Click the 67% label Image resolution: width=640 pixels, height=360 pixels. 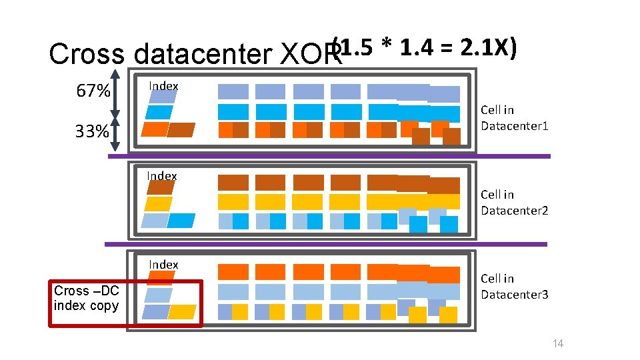pyautogui.click(x=93, y=91)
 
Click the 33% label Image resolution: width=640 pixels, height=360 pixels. pyautogui.click(x=92, y=131)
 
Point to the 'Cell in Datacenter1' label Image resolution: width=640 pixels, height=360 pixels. pyautogui.click(x=515, y=117)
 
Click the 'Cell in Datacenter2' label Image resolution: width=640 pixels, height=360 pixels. pyautogui.click(x=515, y=203)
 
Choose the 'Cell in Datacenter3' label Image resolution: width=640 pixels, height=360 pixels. pyautogui.click(x=515, y=287)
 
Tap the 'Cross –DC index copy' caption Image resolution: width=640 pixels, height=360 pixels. pyautogui.click(x=86, y=298)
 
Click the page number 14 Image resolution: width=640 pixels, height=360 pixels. pyautogui.click(x=558, y=343)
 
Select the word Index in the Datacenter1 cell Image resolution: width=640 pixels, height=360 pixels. pyautogui.click(x=163, y=86)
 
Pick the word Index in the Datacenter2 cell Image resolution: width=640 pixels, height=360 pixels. pyautogui.click(x=162, y=176)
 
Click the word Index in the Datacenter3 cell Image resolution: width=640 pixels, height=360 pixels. pyautogui.click(x=163, y=265)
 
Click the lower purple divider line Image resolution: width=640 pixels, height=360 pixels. pyautogui.click(x=327, y=244)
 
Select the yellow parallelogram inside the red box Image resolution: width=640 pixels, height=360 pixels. pyautogui.click(x=183, y=312)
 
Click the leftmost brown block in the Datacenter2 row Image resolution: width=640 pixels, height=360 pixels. pyautogui.click(x=233, y=182)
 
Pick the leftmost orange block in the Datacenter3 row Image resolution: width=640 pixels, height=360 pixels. pyautogui.click(x=233, y=271)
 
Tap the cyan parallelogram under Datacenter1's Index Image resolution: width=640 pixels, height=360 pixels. pyautogui.click(x=160, y=112)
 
